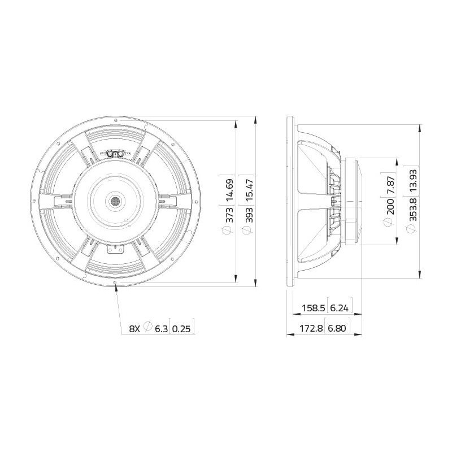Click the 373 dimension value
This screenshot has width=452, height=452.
(229, 215)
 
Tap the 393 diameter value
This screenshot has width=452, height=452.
(249, 215)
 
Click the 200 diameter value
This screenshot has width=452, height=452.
(390, 206)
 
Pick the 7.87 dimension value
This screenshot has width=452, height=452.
(390, 185)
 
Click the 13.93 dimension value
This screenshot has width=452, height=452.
(413, 181)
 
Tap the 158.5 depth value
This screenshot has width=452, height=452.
(314, 308)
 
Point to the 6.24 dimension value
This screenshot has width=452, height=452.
(340, 308)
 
